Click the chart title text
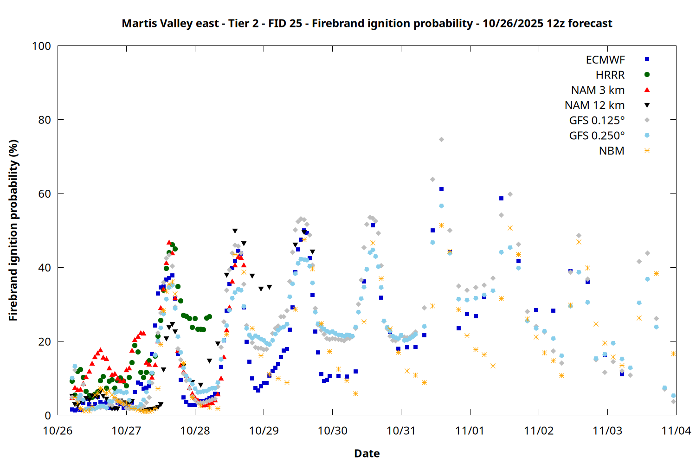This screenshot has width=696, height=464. point(367,24)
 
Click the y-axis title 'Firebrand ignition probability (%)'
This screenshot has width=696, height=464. point(13,230)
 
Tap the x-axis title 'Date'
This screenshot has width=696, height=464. point(367,453)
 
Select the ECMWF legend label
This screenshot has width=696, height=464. point(605,60)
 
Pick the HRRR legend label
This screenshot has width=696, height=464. point(610,75)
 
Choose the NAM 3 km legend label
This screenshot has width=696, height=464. point(598,90)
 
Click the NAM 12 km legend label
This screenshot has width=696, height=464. point(594,105)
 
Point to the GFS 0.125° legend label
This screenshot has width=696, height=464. point(597,121)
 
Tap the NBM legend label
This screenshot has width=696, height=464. point(612,151)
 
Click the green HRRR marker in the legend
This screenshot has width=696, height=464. point(647,75)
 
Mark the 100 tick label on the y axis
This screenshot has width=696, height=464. point(41,46)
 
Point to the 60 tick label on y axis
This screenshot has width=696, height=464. point(45,194)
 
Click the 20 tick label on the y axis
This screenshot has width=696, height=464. point(45,342)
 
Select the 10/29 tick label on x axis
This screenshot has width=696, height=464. point(264,431)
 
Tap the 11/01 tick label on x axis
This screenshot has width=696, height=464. point(470,431)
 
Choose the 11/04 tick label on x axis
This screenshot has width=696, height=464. point(676,431)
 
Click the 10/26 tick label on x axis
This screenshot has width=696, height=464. point(58,431)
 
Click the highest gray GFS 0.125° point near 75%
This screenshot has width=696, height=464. point(441,139)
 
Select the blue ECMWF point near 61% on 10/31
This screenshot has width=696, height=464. point(441,189)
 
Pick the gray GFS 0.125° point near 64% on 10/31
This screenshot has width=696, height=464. point(432,179)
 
